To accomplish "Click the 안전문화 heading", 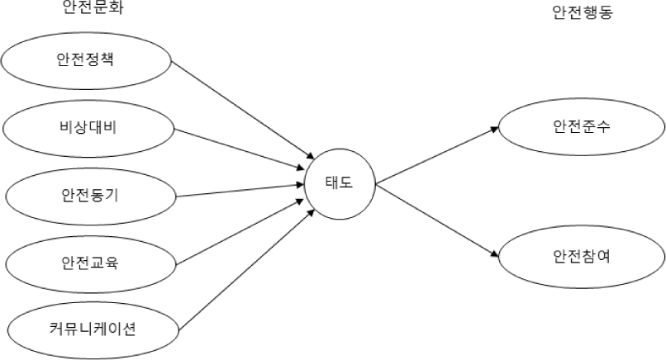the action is tap(93, 7).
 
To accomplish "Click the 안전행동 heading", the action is tap(583, 12).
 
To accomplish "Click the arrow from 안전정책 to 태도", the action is tap(243, 110).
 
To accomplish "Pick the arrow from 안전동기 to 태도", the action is tap(240, 190).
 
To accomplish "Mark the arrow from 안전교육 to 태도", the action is tap(240, 232).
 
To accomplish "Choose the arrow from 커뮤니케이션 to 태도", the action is tap(247, 269).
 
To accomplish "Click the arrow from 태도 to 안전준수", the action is tap(437, 155).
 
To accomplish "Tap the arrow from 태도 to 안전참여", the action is tap(437, 220).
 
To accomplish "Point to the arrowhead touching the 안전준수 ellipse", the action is tap(494, 129).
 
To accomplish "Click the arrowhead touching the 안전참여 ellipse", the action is tap(494, 254).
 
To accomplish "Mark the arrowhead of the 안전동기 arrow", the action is tap(299, 185).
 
